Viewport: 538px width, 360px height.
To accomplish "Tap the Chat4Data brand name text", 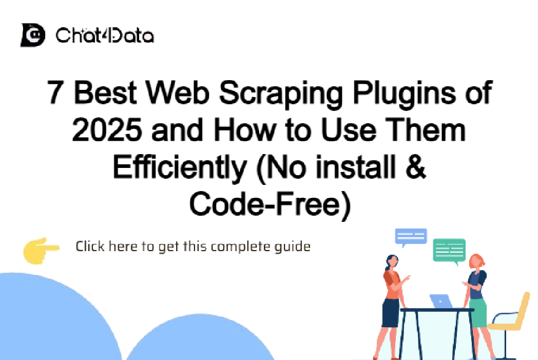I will coord(104,36).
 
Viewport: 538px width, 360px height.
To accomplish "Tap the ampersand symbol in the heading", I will coord(414,167).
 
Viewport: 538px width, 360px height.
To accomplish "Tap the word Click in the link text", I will coord(90,247).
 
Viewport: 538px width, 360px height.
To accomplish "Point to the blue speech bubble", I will coord(411,236).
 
